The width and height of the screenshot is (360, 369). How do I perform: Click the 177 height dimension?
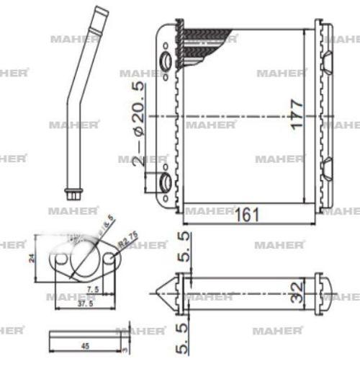pos(297,114)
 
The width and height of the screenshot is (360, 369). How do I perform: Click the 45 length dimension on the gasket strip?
pos(85,347)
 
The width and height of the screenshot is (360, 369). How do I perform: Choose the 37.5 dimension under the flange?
pos(86,303)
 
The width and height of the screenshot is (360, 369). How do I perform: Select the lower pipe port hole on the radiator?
pos(165,182)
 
